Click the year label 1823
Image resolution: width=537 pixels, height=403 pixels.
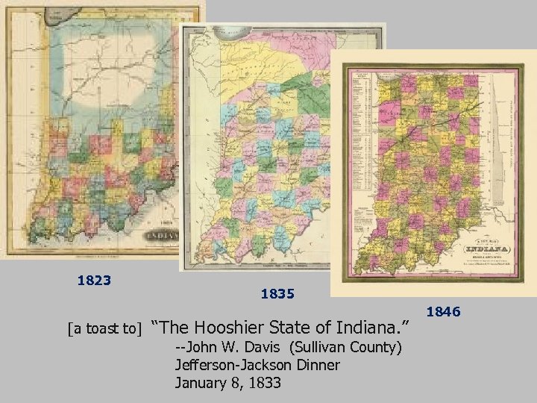click(94, 281)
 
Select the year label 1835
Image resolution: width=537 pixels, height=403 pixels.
click(277, 295)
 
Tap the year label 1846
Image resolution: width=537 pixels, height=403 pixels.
click(444, 311)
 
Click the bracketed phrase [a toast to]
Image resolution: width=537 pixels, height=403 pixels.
click(104, 328)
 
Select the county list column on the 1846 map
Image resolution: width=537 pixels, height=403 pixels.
click(358, 149)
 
